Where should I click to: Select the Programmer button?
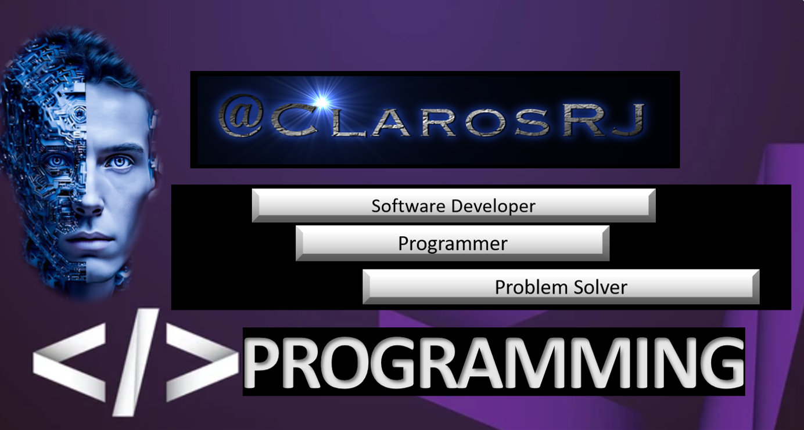click(x=453, y=244)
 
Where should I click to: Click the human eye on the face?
click(x=121, y=162)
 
